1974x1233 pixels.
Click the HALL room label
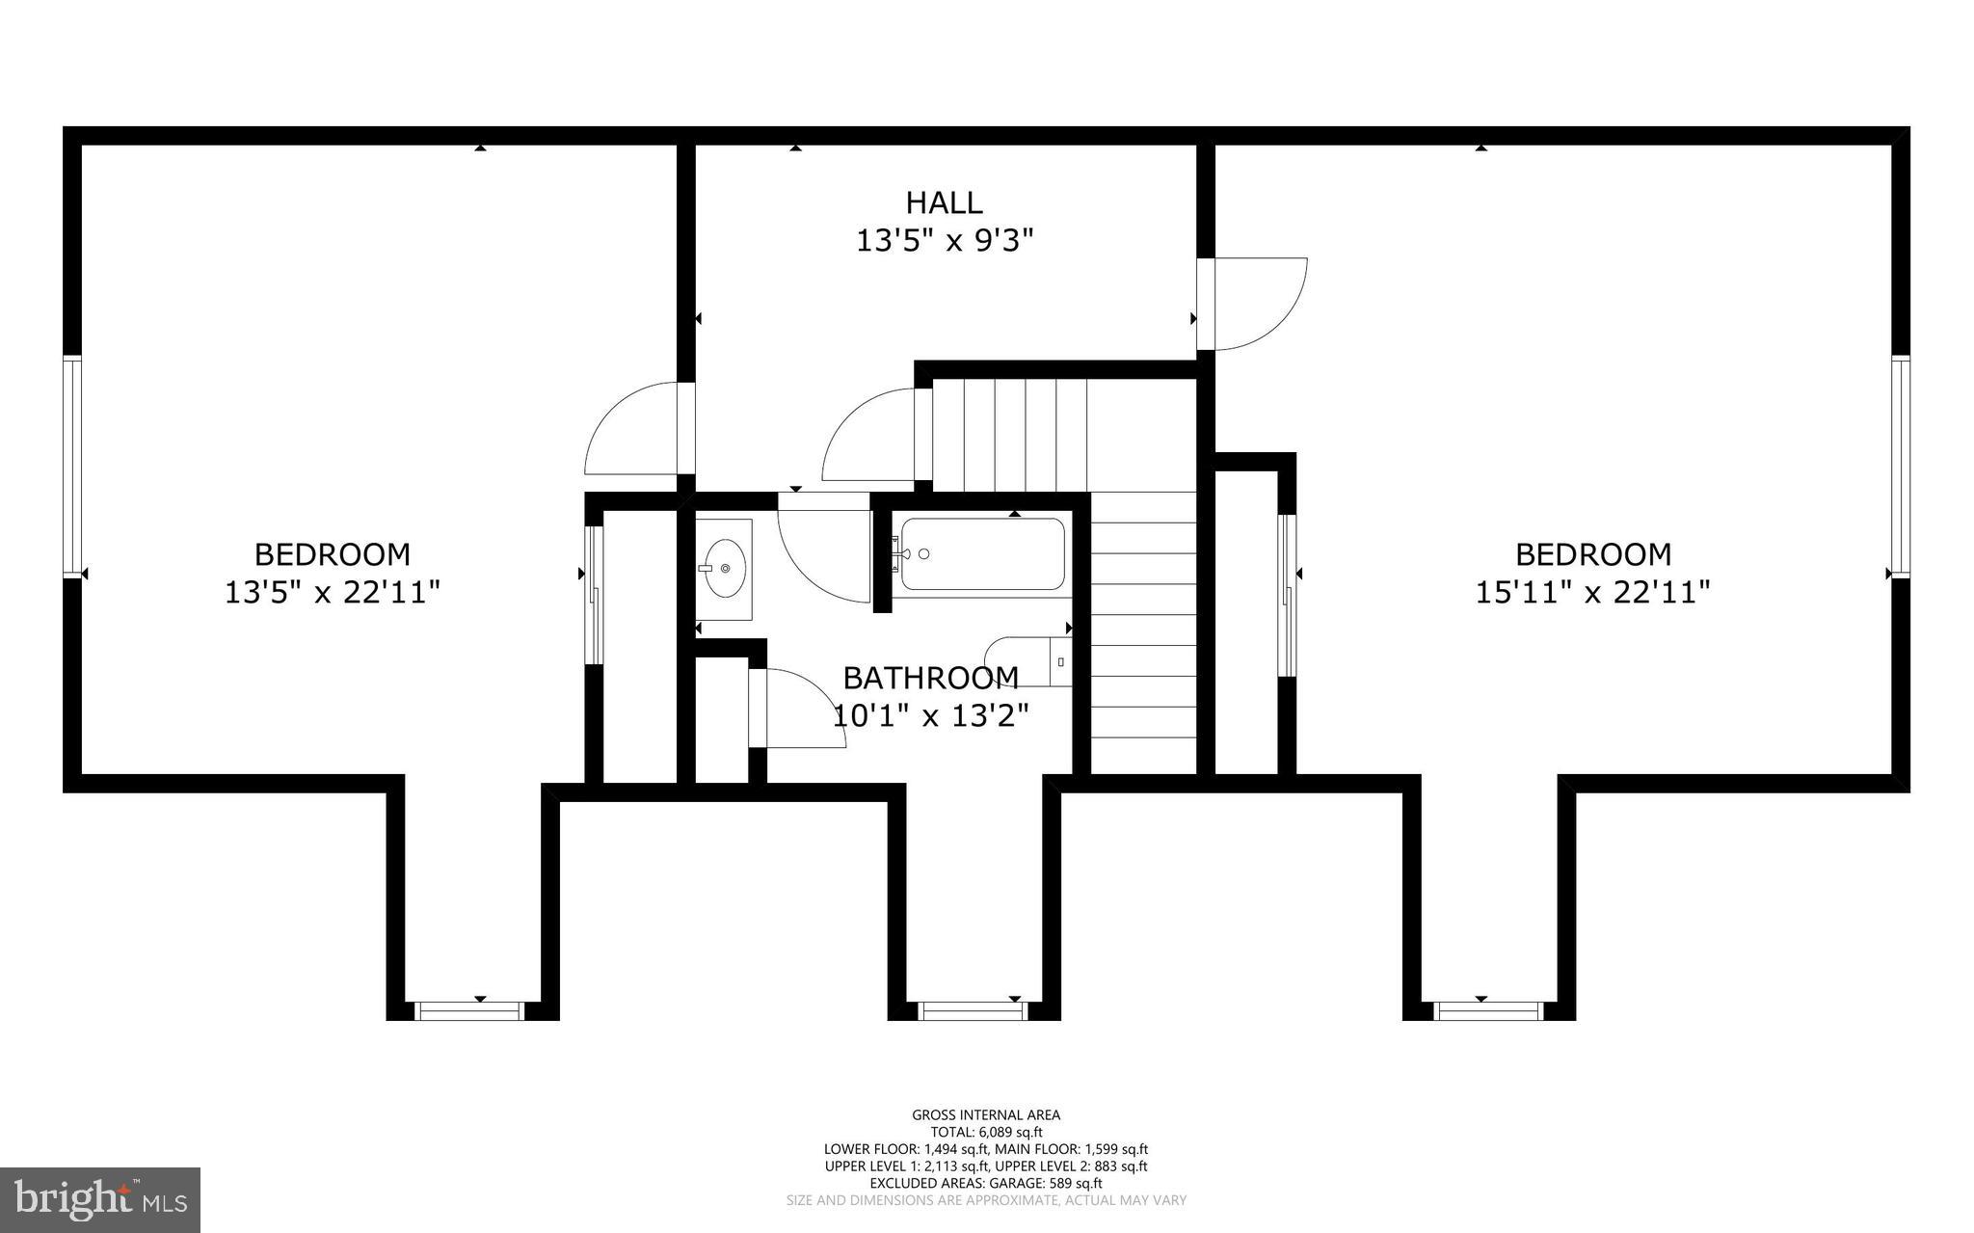[x=944, y=202]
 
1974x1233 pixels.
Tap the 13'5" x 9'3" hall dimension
[x=944, y=240]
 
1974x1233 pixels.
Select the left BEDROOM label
[x=332, y=554]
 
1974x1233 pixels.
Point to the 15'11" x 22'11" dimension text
[x=1592, y=591]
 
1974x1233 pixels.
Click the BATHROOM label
[x=930, y=678]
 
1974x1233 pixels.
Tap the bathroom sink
[x=724, y=569]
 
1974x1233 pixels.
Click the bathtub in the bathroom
[x=982, y=554]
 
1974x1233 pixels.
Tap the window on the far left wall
[x=72, y=467]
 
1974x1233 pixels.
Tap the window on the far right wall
[x=1900, y=467]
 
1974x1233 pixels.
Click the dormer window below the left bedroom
[x=468, y=1010]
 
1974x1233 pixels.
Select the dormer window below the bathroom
[x=973, y=1010]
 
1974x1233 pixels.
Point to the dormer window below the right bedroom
[x=1488, y=1010]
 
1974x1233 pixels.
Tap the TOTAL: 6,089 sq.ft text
[x=986, y=1133]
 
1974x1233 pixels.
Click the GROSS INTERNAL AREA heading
[x=986, y=1115]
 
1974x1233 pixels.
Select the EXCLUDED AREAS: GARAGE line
[x=986, y=1183]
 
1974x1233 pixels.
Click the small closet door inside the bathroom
[x=795, y=709]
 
